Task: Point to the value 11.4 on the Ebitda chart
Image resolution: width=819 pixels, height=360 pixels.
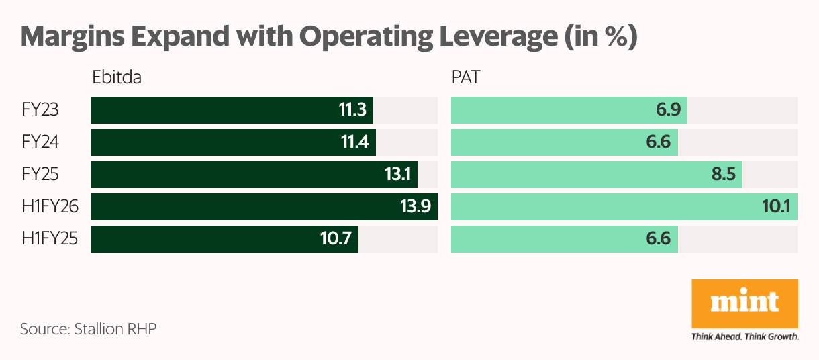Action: [353, 142]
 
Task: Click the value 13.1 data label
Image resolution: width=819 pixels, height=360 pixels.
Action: [397, 175]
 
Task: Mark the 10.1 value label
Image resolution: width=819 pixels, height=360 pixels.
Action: [776, 207]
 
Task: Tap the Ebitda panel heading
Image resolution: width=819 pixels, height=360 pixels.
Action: [117, 78]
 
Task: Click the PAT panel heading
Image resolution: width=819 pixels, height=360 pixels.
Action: [465, 78]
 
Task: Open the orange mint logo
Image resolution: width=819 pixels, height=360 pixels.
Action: [744, 304]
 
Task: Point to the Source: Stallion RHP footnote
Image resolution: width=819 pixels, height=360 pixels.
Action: [88, 329]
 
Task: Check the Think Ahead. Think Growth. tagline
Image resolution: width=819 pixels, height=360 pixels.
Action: [744, 336]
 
